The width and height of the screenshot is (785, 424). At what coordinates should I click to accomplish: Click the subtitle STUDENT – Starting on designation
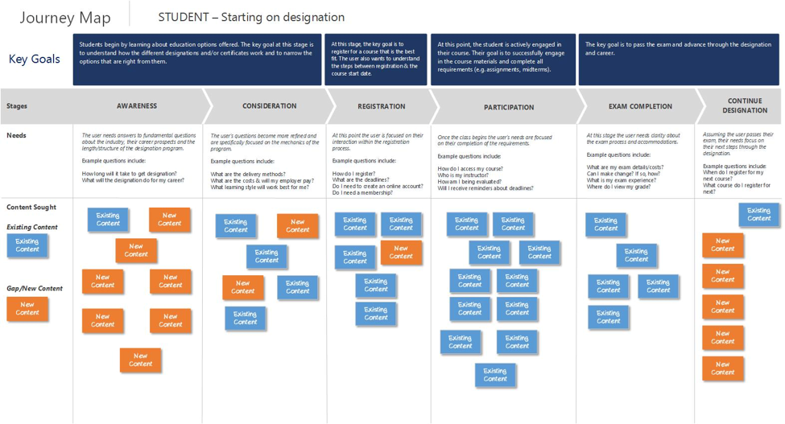pyautogui.click(x=251, y=17)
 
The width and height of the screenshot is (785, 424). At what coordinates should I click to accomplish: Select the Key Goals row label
pyautogui.click(x=34, y=59)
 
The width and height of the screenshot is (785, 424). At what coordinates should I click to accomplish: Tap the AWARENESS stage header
pyautogui.click(x=137, y=106)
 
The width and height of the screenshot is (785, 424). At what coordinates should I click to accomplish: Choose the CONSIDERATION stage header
pyautogui.click(x=269, y=106)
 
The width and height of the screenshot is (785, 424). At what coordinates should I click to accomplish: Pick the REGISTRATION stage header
pyautogui.click(x=382, y=106)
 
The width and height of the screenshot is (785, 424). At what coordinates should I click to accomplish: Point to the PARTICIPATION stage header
pyautogui.click(x=509, y=107)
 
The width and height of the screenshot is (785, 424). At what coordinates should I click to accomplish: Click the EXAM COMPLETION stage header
pyautogui.click(x=640, y=106)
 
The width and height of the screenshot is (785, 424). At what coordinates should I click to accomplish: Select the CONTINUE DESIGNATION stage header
pyautogui.click(x=745, y=106)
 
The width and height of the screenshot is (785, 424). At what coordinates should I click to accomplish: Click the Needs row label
pyautogui.click(x=17, y=135)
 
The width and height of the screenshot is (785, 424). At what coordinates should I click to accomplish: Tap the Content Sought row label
pyautogui.click(x=31, y=208)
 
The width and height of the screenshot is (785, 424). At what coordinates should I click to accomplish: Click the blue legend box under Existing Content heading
pyautogui.click(x=27, y=245)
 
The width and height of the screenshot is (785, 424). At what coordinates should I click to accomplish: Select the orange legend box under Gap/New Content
pyautogui.click(x=27, y=307)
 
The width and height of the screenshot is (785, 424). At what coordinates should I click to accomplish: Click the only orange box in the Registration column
pyautogui.click(x=401, y=253)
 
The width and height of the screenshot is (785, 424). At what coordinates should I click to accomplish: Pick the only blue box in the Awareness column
pyautogui.click(x=108, y=220)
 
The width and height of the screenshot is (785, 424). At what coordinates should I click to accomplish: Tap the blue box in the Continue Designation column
pyautogui.click(x=758, y=215)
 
